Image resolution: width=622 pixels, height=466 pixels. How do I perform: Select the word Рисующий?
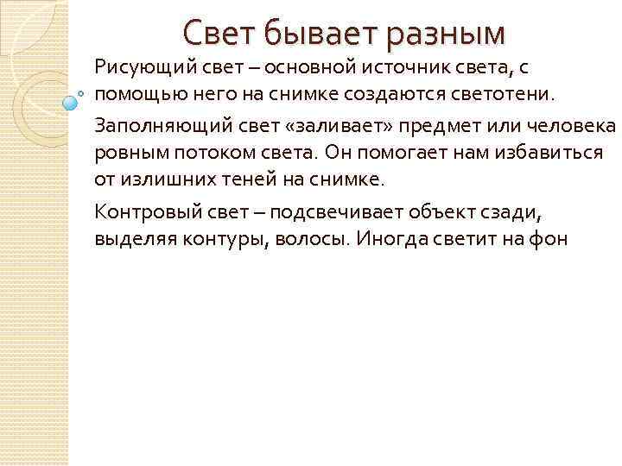point(140,66)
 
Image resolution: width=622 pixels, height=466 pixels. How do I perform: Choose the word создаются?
point(391,91)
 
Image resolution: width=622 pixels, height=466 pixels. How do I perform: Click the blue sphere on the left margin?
point(71,103)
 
